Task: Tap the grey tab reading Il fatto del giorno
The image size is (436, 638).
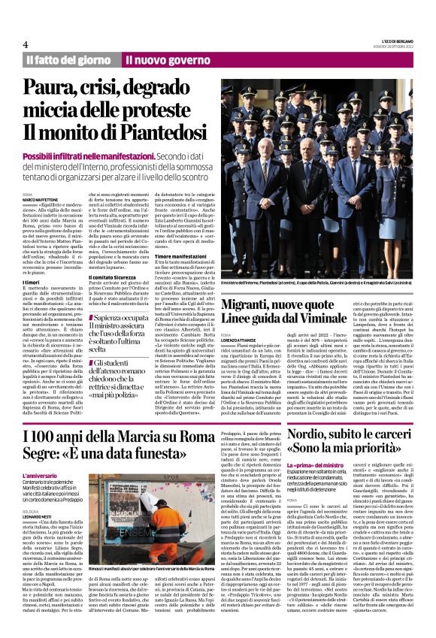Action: pyautogui.click(x=68, y=59)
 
